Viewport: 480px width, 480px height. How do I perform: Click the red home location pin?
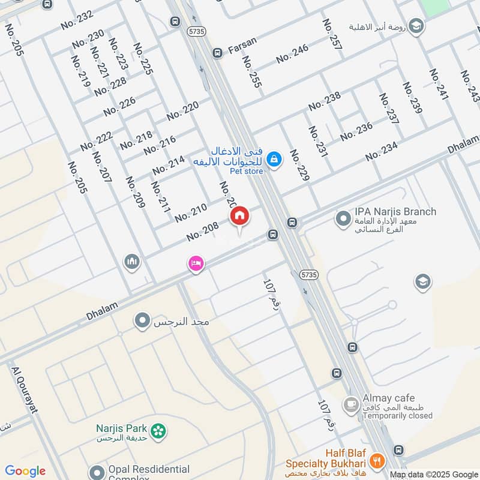pyautogui.click(x=239, y=216)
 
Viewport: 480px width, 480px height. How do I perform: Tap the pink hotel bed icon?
pyautogui.click(x=196, y=263)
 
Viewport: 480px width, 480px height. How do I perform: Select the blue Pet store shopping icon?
pyautogui.click(x=274, y=159)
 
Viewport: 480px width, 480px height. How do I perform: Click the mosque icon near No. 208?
pyautogui.click(x=132, y=262)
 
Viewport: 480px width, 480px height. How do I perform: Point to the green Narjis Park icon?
pyautogui.click(x=158, y=431)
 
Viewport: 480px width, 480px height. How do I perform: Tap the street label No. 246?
pyautogui.click(x=292, y=54)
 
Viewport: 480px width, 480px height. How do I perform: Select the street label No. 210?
pyautogui.click(x=191, y=212)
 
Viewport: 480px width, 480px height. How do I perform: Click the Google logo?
pyautogui.click(x=25, y=471)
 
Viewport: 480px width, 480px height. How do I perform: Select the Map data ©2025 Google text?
pyautogui.click(x=433, y=474)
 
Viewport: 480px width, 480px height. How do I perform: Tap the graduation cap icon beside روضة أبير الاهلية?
pyautogui.click(x=416, y=26)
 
